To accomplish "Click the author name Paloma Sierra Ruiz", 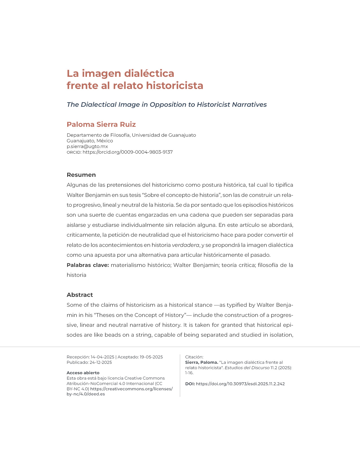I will coord(101,124).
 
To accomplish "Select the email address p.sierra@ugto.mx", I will coord(87,146).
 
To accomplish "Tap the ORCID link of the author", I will coord(127,152).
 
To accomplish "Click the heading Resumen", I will coord(81,175).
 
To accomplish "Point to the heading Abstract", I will coord(80,295).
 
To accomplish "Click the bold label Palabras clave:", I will coord(88,265).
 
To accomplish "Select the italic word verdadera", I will coord(186,245).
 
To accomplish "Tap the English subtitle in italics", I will coord(167,104).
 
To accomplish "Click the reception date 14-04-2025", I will coord(102,357).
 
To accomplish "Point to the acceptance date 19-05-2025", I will coord(151,357).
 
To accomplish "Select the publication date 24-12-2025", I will coord(101,362).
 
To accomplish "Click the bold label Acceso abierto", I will coord(83,373).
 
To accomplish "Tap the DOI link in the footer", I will coord(240,384).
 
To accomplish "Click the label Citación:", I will coord(194,357).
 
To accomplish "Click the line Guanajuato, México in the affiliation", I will coord(90,141).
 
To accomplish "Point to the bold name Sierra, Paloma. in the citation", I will coord(202,362).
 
